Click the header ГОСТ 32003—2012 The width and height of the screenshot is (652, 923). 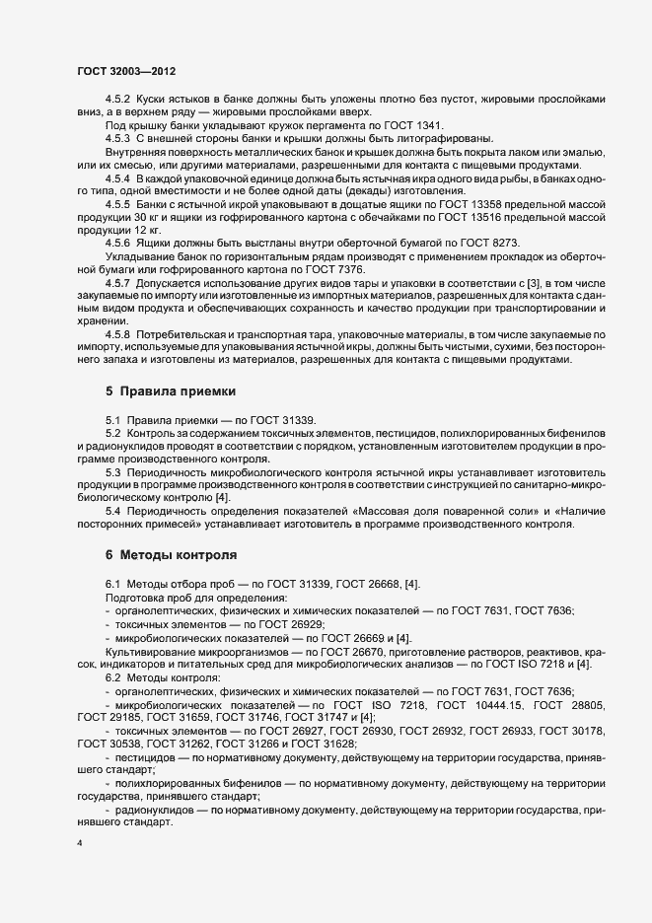pos(127,72)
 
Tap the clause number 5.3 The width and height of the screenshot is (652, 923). pos(112,472)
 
